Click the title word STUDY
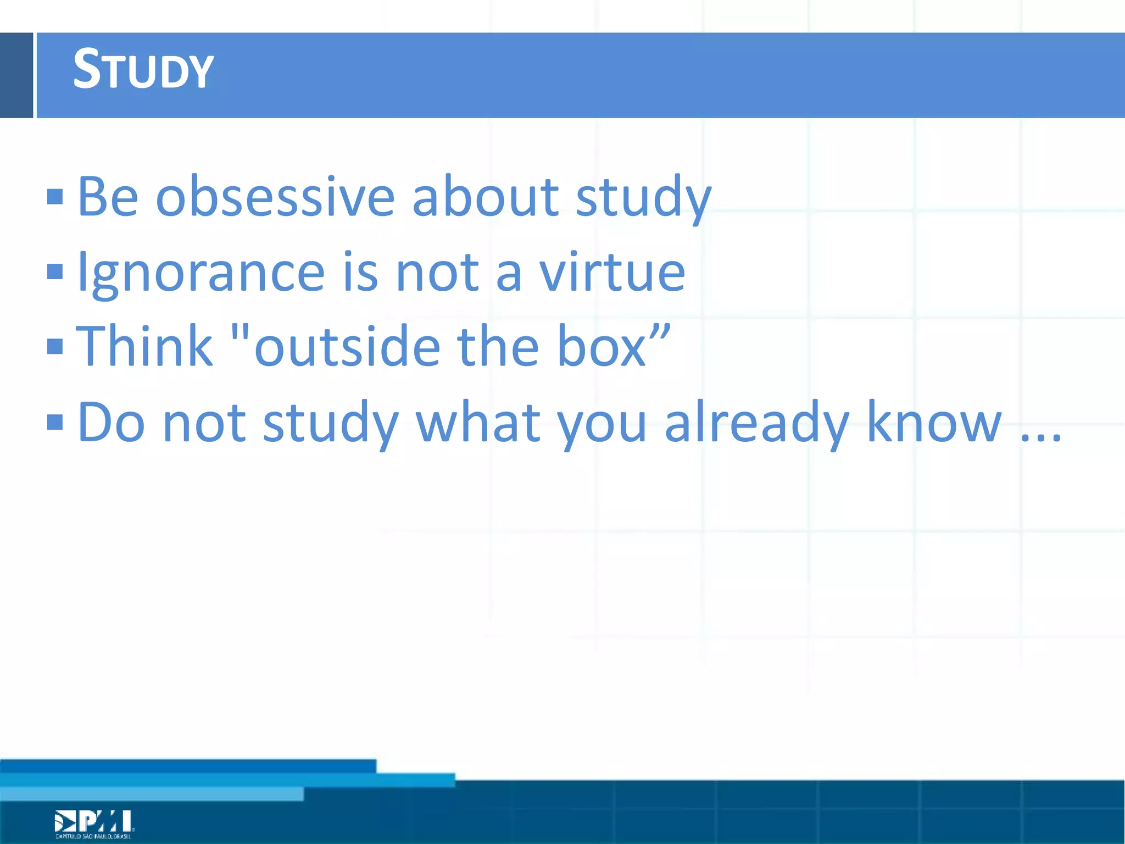click(143, 70)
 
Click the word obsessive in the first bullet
click(275, 197)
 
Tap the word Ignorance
click(201, 273)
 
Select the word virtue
click(612, 273)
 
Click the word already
click(757, 423)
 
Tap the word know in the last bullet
click(934, 423)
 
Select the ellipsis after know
click(1041, 437)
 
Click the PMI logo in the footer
click(94, 823)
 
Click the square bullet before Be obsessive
click(55, 197)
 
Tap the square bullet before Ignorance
click(55, 271)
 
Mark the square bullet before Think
click(55, 346)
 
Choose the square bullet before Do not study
click(55, 422)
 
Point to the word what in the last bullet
click(478, 423)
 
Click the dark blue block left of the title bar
click(16, 75)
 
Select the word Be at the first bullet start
click(108, 197)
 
